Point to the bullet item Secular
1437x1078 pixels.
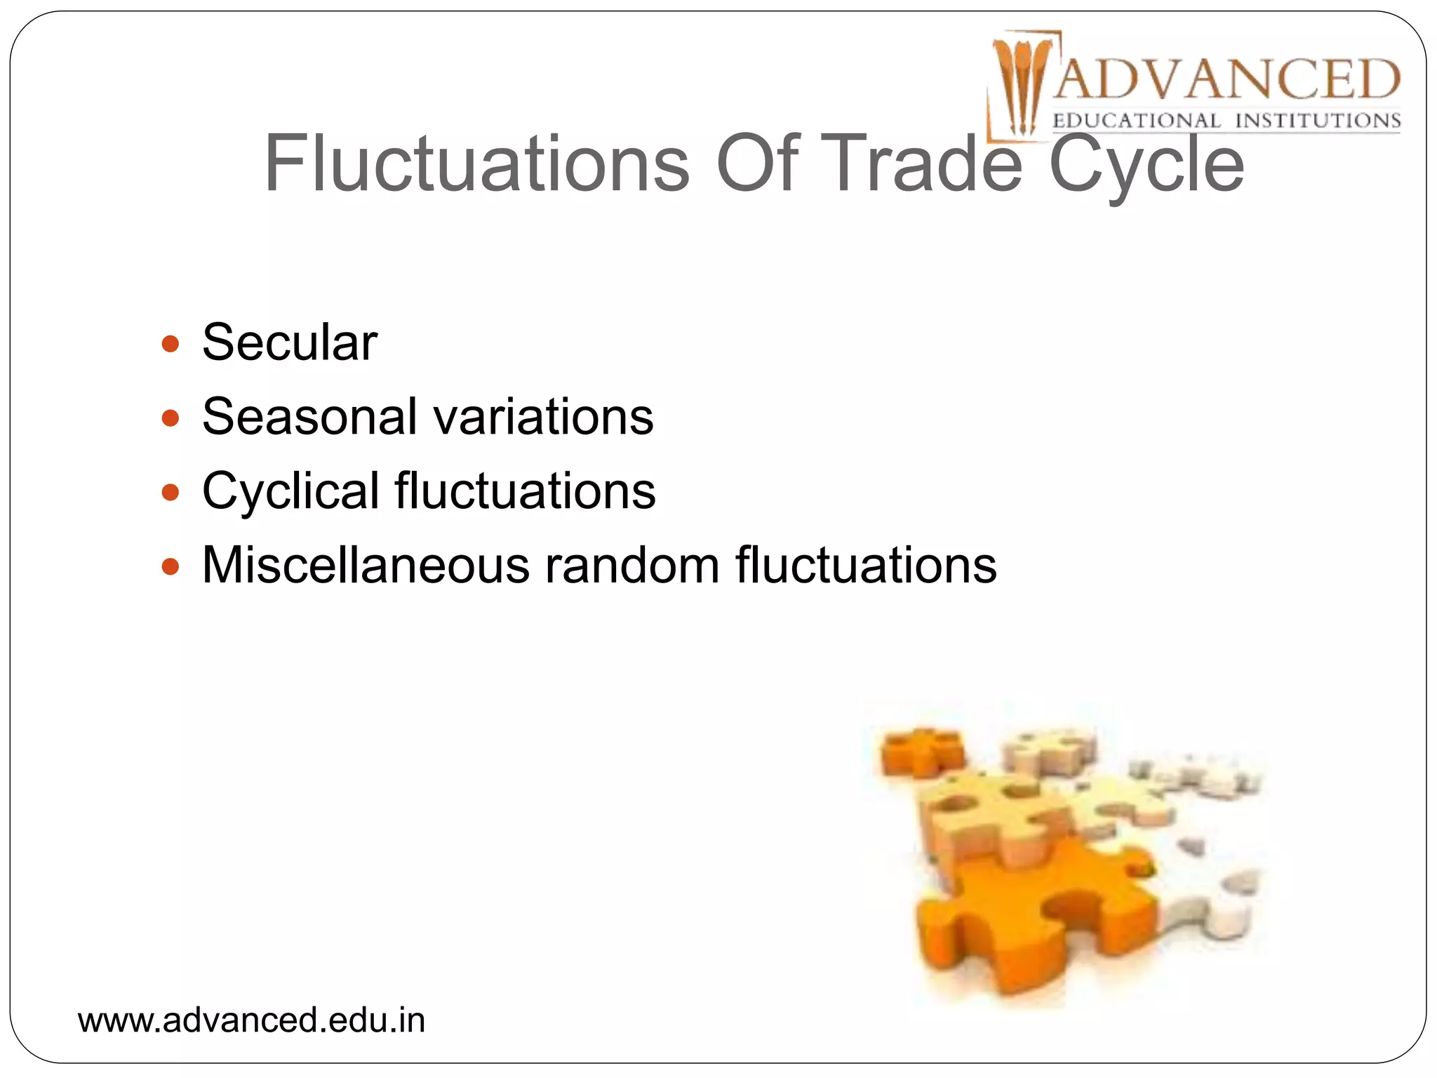pos(290,342)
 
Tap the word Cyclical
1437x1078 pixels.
pos(291,491)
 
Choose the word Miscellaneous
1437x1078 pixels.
pos(366,565)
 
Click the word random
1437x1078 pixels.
pos(632,565)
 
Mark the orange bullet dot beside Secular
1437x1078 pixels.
pos(170,344)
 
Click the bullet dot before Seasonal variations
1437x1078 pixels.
pos(170,418)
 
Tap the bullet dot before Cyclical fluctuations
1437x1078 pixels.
pos(170,493)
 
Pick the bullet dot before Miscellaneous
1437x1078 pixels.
pos(170,566)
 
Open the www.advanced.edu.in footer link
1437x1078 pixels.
pos(251,1020)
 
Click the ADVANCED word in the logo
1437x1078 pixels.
pos(1227,79)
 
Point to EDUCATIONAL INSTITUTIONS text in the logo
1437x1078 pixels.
pos(1227,121)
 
